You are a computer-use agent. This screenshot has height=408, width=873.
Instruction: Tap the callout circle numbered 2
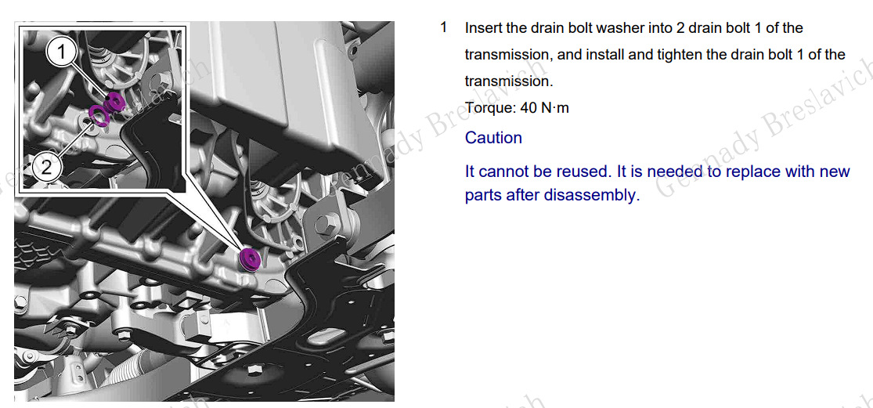pyautogui.click(x=46, y=168)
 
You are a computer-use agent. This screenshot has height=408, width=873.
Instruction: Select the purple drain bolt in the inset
pyautogui.click(x=114, y=101)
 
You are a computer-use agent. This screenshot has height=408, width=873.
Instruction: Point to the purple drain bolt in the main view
pyautogui.click(x=249, y=260)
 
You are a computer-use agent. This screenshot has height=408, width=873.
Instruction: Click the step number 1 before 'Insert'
pyautogui.click(x=444, y=27)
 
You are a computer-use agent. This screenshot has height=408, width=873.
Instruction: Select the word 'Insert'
pyautogui.click(x=484, y=28)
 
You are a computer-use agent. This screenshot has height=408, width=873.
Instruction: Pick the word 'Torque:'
pyautogui.click(x=490, y=108)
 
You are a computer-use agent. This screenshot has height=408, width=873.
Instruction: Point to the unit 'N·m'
pyautogui.click(x=555, y=108)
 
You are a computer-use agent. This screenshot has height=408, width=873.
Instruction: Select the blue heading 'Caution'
pyautogui.click(x=494, y=138)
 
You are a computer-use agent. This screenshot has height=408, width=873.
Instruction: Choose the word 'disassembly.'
pyautogui.click(x=590, y=196)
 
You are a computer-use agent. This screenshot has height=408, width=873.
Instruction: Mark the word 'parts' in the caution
pyautogui.click(x=484, y=197)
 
